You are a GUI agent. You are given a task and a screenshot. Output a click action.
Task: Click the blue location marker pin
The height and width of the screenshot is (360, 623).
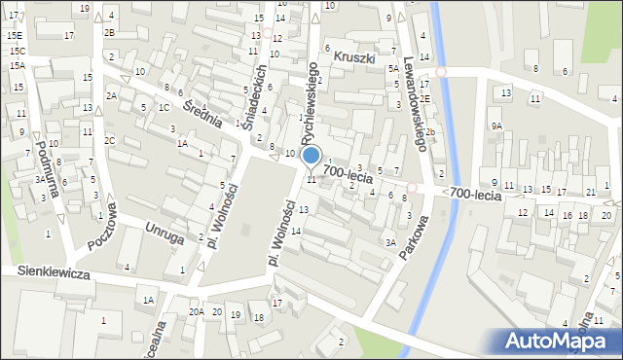pyautogui.click(x=311, y=155)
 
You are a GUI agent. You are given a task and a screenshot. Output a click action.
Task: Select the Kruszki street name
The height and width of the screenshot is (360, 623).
pyautogui.click(x=354, y=58)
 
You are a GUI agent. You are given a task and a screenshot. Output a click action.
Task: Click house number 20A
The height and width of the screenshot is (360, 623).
pyautogui.click(x=197, y=311)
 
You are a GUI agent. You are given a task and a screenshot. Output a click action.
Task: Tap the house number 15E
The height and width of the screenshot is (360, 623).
pyautogui.click(x=14, y=35)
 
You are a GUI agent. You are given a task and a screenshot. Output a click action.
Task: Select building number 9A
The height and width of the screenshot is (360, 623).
pyautogui.click(x=495, y=126)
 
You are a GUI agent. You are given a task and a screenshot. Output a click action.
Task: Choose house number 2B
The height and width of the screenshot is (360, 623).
pyautogui.click(x=109, y=32)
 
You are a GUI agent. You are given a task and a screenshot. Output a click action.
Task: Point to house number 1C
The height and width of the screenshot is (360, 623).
pyautogui.click(x=165, y=107)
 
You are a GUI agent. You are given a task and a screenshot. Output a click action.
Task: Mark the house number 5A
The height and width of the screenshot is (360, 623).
pyautogui.click(x=392, y=69)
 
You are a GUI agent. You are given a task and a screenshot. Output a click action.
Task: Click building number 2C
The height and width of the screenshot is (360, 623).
pyautogui.click(x=110, y=141)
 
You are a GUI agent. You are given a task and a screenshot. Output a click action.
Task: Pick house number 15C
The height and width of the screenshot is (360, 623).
pyautogui.click(x=18, y=50)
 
